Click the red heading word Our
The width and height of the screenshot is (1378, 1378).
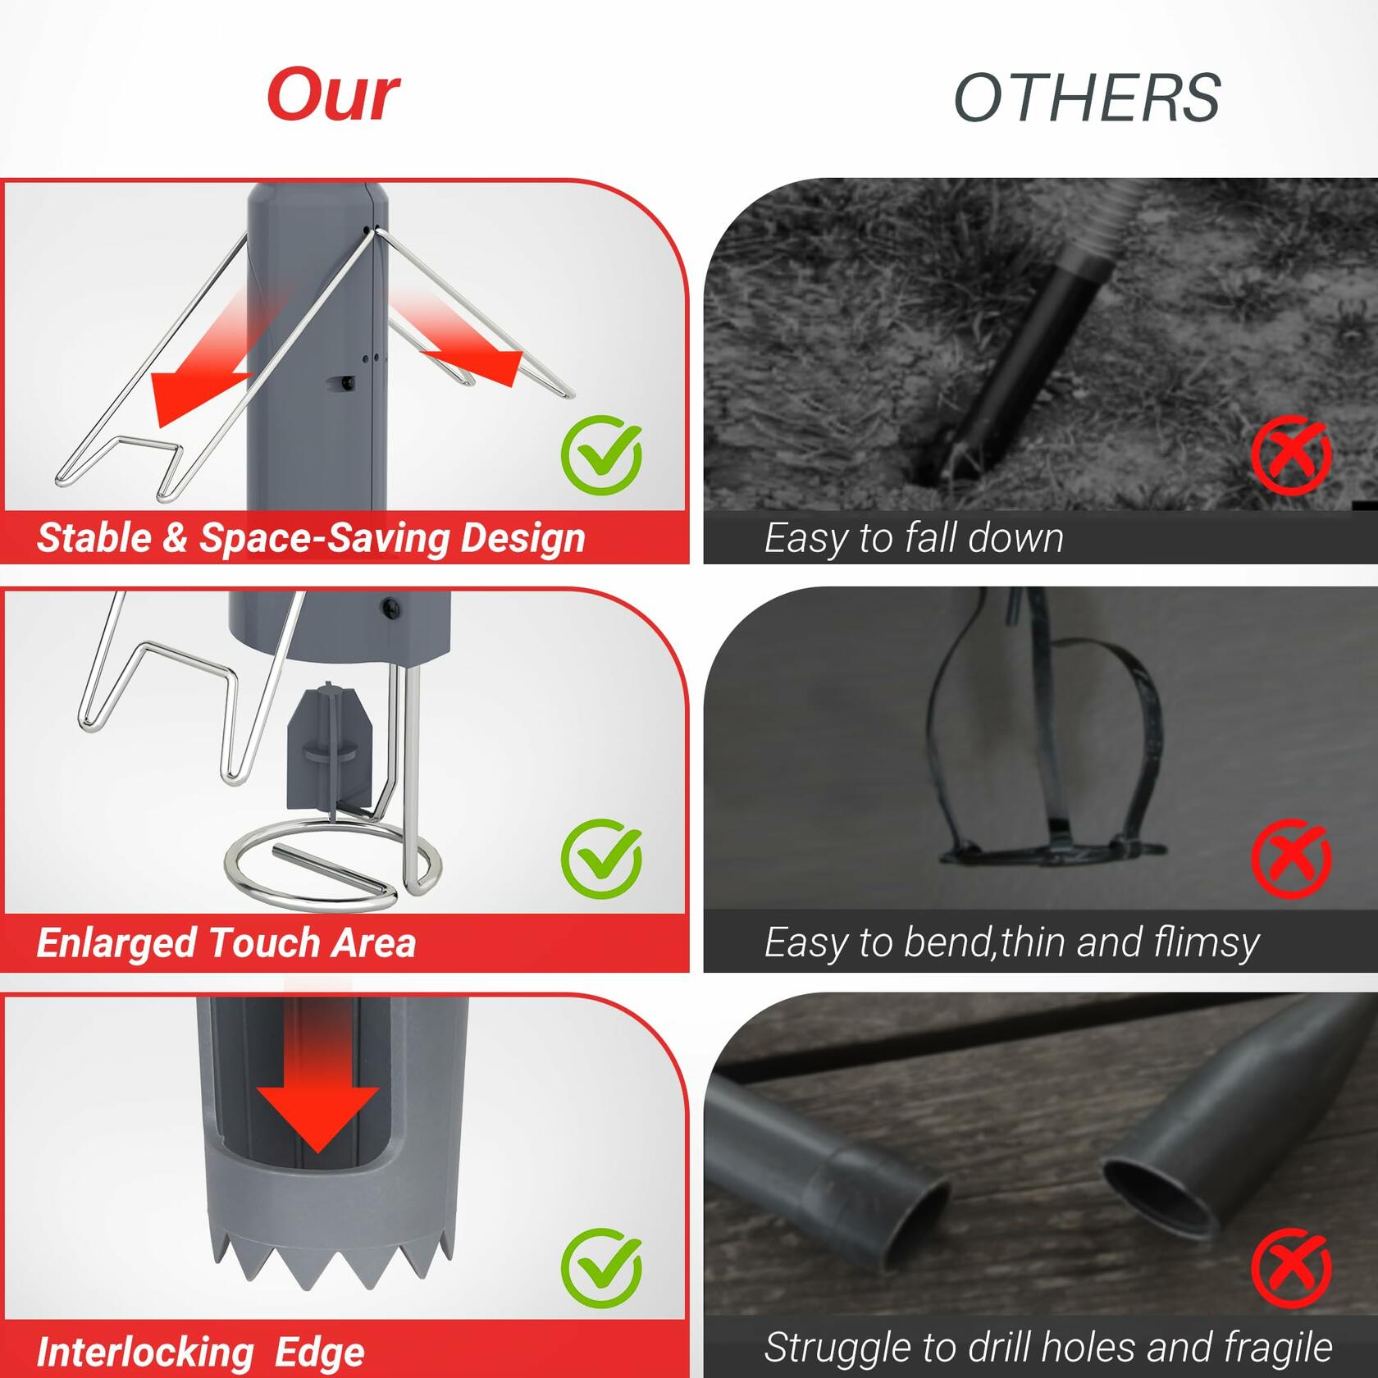click(333, 96)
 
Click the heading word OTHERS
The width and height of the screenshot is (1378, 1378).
click(1087, 98)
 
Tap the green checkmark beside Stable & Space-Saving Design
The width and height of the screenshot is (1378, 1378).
click(602, 454)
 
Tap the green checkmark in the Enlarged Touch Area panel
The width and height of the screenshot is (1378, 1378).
click(602, 858)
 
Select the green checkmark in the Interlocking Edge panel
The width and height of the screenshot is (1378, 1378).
click(602, 1267)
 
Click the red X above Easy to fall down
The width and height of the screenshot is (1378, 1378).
click(1291, 454)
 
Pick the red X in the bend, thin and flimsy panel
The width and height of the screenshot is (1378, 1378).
click(1291, 858)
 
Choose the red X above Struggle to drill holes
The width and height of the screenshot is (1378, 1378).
click(1291, 1267)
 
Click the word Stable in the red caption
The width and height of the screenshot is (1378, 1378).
click(94, 538)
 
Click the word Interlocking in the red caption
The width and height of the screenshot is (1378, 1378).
click(145, 1352)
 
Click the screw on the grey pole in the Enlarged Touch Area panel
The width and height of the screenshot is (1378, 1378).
click(390, 608)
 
